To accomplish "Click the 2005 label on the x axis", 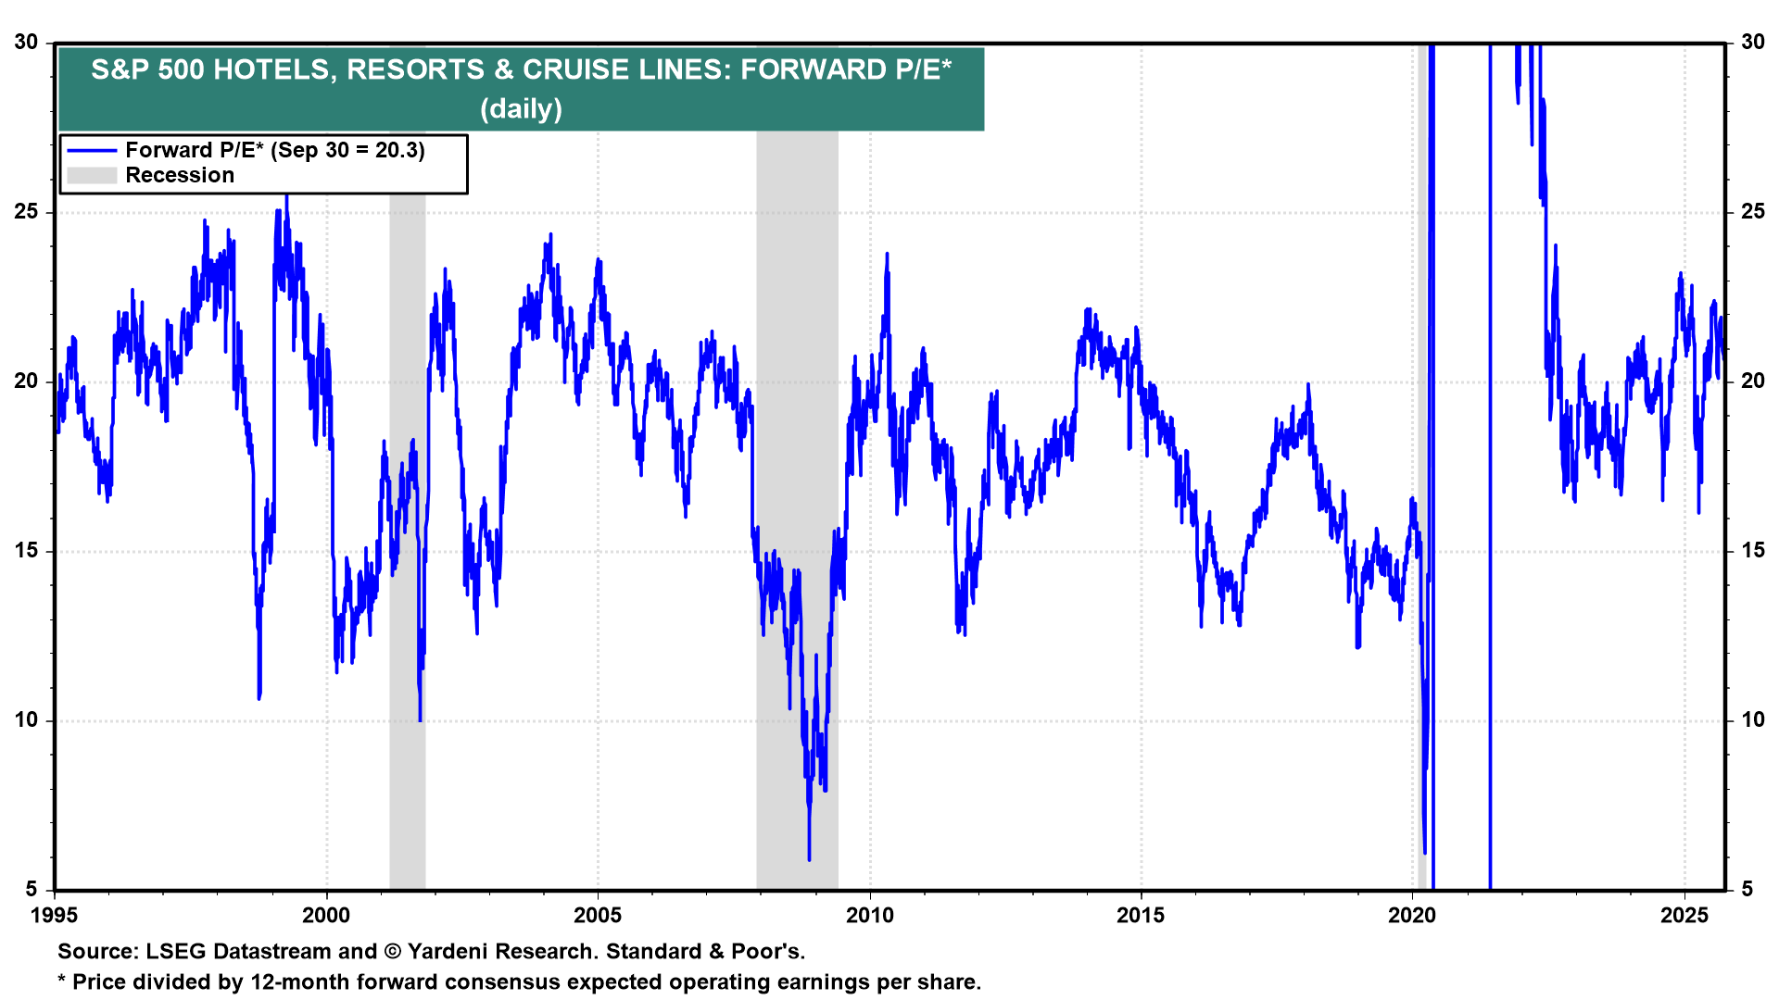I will [x=598, y=916].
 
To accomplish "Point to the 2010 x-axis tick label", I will [x=869, y=916].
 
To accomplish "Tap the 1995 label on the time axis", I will [x=55, y=916].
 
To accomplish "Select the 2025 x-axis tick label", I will [x=1684, y=916].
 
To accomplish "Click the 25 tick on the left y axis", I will [x=26, y=212].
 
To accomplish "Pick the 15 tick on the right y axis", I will [x=1752, y=551].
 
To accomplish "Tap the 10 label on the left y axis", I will [x=26, y=720].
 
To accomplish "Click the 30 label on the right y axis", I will [x=1752, y=43].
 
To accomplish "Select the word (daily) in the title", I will [x=521, y=109].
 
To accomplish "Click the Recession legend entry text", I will [x=180, y=176].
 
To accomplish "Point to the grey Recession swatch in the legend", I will [x=92, y=176].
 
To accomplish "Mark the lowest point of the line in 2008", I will [x=809, y=859].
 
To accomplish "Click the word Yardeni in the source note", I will [x=453, y=952].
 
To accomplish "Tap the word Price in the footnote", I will [x=99, y=982].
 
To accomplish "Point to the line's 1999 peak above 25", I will [x=286, y=196].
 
